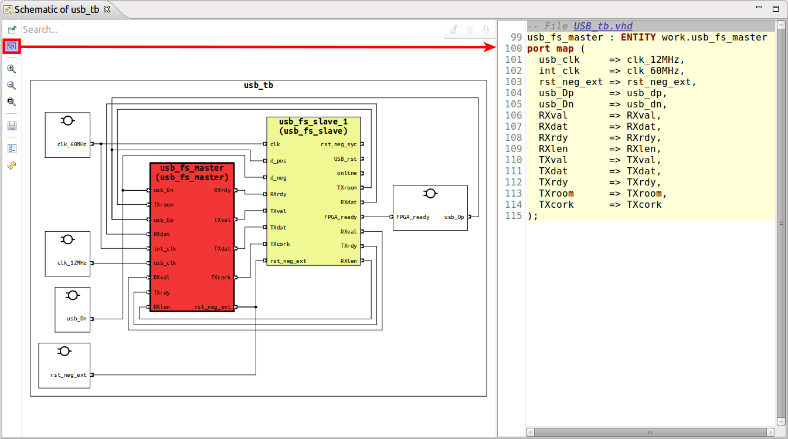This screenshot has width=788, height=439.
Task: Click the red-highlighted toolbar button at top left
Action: [12, 46]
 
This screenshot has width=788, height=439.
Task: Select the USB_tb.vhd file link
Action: [603, 26]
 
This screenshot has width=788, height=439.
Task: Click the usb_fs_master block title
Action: [192, 173]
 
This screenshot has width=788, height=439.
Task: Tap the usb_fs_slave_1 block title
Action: [313, 126]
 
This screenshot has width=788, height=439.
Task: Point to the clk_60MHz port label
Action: [72, 144]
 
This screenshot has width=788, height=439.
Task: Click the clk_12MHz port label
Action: [72, 263]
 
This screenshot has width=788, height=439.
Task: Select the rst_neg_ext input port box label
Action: [68, 374]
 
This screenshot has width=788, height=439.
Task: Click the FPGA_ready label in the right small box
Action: [413, 217]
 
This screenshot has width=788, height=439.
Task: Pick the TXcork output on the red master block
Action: [220, 278]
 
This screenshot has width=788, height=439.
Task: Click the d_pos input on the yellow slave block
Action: [278, 161]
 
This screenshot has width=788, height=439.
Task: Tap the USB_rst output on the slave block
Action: [345, 159]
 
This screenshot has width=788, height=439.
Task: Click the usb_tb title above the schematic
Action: [258, 86]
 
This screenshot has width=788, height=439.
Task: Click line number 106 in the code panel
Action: [513, 116]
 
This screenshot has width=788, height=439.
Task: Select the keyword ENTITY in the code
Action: [638, 38]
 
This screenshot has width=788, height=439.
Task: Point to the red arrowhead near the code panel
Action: [491, 47]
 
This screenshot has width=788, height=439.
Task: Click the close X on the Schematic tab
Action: [106, 10]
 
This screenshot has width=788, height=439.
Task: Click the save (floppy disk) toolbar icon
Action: [12, 126]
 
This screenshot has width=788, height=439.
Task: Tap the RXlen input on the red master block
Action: [162, 307]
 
